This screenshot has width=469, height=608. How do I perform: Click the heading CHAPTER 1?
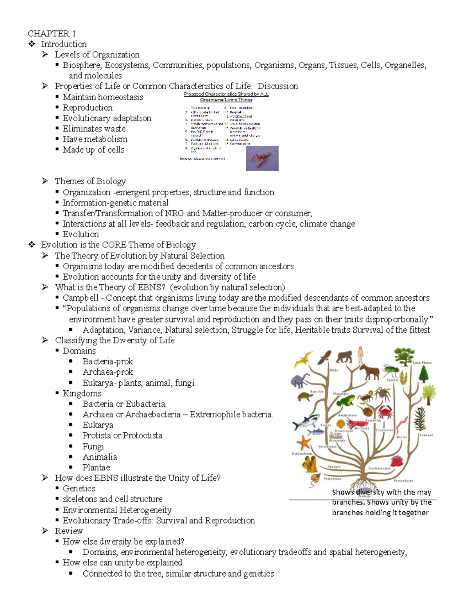click(x=52, y=33)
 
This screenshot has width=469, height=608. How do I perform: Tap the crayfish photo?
click(x=262, y=159)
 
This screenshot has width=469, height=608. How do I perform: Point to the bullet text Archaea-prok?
click(x=107, y=372)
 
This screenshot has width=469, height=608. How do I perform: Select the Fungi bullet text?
click(x=93, y=446)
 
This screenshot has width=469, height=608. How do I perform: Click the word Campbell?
click(x=81, y=298)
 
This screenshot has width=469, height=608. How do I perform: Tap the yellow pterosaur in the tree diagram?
click(x=304, y=359)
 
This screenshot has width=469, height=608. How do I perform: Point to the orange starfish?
click(x=304, y=443)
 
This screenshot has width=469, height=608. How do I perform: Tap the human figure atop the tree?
click(x=360, y=354)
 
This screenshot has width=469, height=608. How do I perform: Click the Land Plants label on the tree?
click(x=422, y=363)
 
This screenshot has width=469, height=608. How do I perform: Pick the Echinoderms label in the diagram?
click(x=302, y=454)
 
